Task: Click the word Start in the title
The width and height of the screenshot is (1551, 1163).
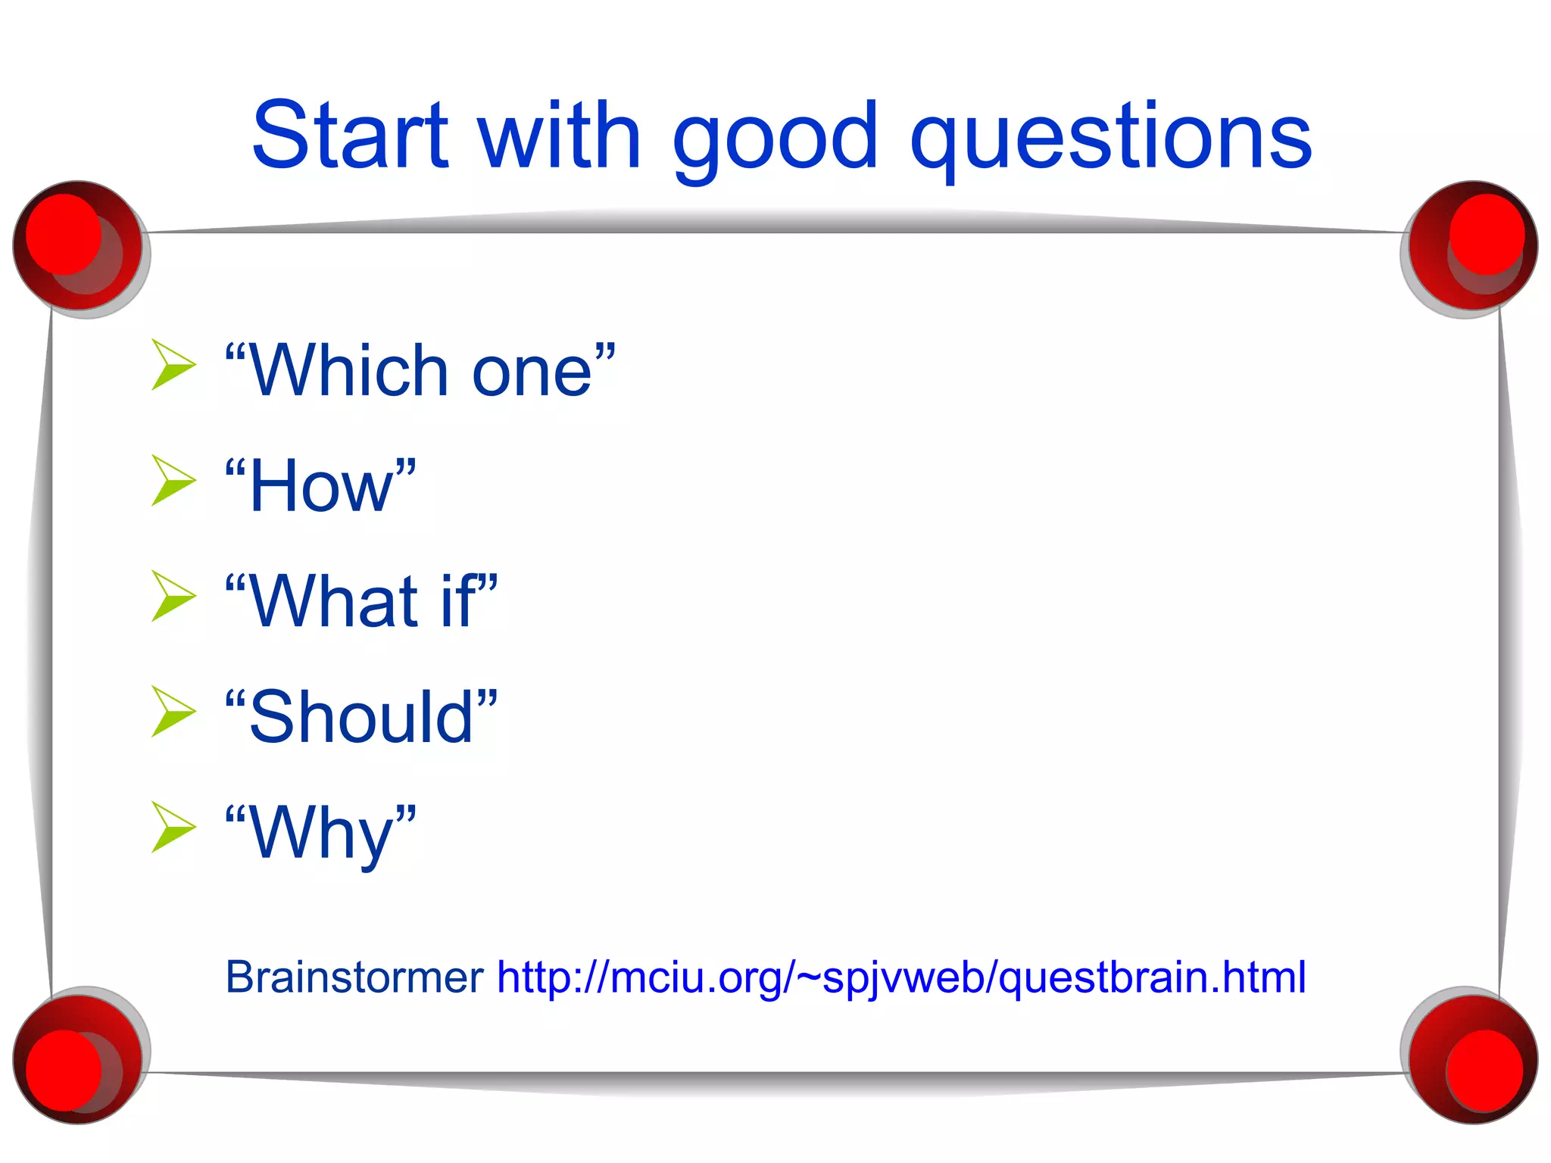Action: click(x=350, y=137)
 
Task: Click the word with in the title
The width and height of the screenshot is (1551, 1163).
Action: click(x=560, y=137)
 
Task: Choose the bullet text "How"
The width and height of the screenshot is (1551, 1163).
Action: click(x=321, y=486)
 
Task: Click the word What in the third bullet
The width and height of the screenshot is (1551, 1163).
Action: click(x=333, y=601)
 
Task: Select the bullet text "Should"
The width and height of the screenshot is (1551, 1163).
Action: click(x=362, y=717)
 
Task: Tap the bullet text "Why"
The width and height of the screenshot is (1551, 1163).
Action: click(x=321, y=832)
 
